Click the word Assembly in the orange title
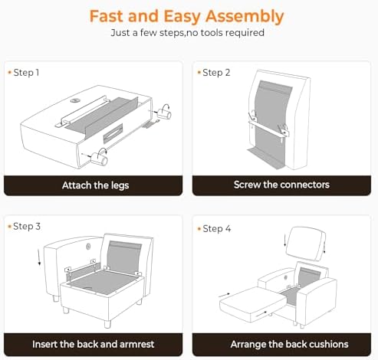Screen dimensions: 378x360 tap(245, 17)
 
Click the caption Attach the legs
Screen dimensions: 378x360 tap(95, 185)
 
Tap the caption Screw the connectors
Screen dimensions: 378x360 tap(281, 185)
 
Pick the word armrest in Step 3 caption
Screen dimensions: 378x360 tap(136, 344)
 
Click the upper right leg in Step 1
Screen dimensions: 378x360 tap(164, 113)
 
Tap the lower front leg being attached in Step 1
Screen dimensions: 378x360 tap(99, 159)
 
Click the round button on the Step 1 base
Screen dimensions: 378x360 tap(75, 101)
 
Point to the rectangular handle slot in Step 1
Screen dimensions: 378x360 tap(113, 133)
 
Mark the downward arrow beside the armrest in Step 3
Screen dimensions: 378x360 tap(39, 257)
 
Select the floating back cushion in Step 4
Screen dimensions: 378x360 tap(306, 244)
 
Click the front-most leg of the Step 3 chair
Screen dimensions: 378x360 tap(108, 324)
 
